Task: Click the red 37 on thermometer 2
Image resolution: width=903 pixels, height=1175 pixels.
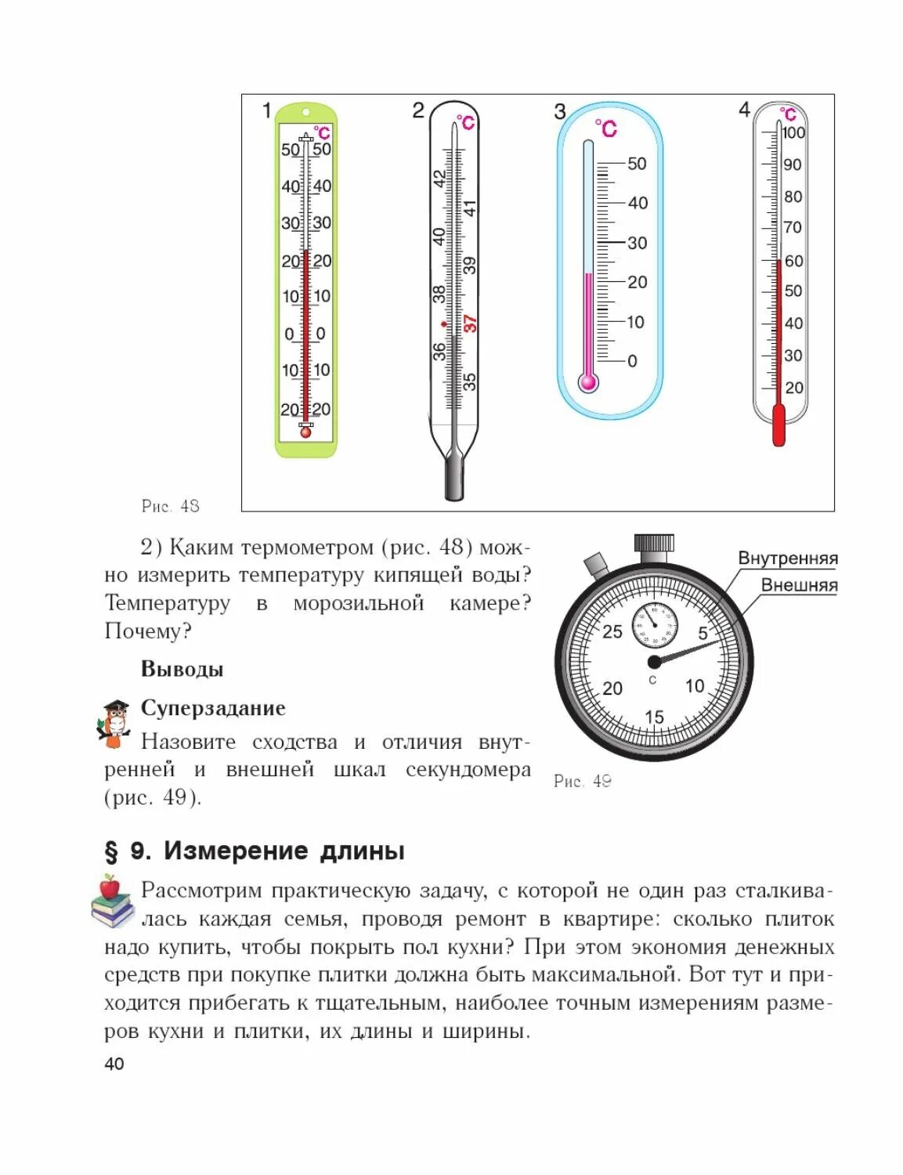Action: [470, 323]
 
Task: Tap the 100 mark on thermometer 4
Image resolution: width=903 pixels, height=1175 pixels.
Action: [793, 132]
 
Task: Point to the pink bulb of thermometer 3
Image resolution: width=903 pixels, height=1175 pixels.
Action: [588, 382]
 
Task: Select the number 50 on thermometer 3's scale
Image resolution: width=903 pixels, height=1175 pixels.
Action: [637, 164]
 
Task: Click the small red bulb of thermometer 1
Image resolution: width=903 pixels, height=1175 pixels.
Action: [305, 432]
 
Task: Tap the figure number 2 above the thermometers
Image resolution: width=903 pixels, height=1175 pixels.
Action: [418, 110]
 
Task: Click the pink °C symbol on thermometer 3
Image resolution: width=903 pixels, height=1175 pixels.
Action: [605, 128]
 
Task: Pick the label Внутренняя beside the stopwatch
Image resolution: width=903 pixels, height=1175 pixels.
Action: [787, 559]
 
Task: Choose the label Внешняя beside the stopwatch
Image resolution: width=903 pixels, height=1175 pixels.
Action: [799, 586]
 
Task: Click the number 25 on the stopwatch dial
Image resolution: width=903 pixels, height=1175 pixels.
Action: [612, 631]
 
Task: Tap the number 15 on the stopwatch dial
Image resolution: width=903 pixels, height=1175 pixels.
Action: [654, 717]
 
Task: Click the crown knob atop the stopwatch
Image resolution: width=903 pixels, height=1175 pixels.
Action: [653, 544]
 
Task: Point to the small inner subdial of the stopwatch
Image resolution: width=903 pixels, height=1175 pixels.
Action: [654, 625]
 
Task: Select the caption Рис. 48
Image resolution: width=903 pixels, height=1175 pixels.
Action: [170, 506]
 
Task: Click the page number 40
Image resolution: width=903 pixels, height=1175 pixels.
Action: [114, 1063]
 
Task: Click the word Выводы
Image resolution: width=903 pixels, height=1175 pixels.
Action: [182, 669]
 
